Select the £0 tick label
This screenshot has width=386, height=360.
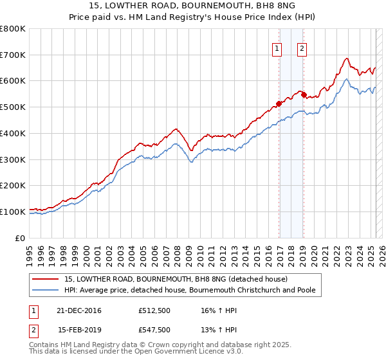tap(21, 238)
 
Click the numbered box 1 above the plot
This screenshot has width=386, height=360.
tap(277, 47)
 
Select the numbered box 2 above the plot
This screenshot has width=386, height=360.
tap(302, 47)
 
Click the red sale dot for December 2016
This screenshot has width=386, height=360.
tap(279, 103)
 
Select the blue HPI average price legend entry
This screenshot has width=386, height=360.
tap(190, 291)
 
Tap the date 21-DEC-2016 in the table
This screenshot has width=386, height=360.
tap(80, 311)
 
